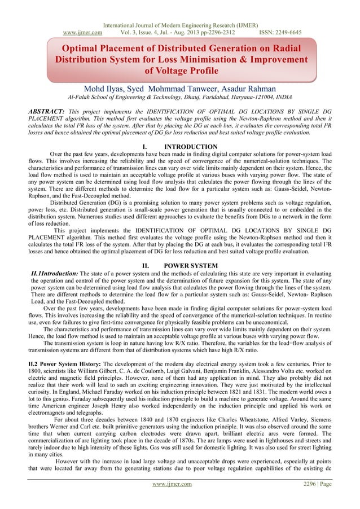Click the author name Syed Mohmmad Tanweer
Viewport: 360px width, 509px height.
173,88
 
